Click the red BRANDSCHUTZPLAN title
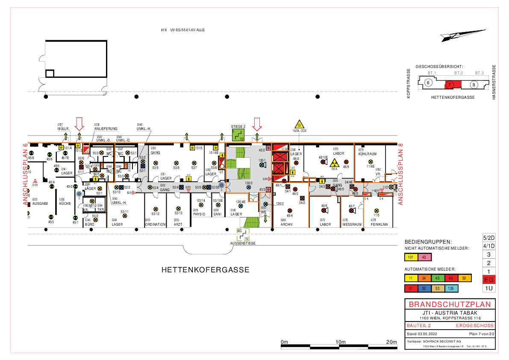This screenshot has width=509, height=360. click(450, 305)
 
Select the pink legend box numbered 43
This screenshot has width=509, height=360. click(424, 257)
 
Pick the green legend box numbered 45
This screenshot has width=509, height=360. click(438, 278)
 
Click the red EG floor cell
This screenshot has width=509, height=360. click(489, 280)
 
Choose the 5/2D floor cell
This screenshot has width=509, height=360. click(489, 237)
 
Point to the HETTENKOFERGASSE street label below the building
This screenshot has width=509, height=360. click(205, 270)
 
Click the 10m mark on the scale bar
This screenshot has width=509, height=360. click(341, 342)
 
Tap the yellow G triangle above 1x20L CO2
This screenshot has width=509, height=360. click(300, 124)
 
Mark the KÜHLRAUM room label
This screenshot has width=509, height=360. click(368, 153)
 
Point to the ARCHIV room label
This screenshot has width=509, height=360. click(287, 224)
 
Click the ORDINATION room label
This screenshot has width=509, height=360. click(156, 224)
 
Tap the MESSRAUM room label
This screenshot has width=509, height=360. click(352, 224)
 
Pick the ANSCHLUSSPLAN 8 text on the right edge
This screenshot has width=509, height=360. click(401, 175)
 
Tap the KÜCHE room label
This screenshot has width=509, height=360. click(65, 204)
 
